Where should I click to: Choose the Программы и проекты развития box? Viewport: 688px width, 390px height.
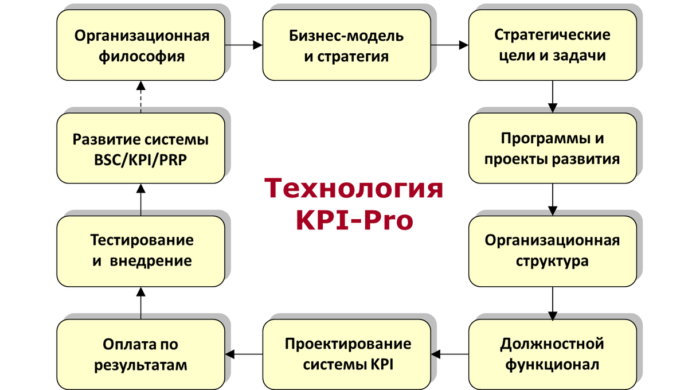(552, 148)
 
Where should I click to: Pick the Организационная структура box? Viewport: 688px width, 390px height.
(552, 251)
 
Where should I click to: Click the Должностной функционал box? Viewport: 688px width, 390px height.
(552, 354)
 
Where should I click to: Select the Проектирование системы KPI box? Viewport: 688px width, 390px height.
(346, 354)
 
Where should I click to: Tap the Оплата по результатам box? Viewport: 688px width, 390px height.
(140, 354)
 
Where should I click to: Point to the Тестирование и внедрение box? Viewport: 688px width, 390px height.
(140, 251)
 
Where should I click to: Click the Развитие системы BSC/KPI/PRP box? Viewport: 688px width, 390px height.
(140, 148)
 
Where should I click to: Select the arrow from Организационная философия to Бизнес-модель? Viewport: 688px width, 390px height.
(243, 44)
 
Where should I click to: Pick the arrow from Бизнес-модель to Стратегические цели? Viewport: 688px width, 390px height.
(449, 44)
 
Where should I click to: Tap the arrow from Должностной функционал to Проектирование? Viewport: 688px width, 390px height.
(449, 354)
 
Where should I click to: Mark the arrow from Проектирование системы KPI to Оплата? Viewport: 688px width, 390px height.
(243, 354)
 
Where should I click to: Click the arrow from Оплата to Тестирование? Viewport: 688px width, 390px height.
(140, 303)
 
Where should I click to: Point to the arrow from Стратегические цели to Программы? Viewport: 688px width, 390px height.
(552, 96)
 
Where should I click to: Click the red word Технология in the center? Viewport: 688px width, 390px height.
(353, 189)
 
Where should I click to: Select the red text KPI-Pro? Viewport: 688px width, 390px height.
(354, 220)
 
